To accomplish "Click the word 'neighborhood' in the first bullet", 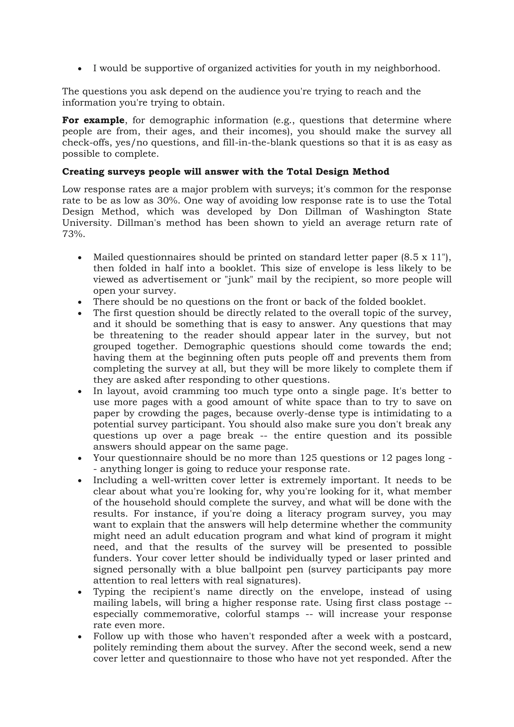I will pos(406,68).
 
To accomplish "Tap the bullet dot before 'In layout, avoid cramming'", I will pos(80,392).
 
